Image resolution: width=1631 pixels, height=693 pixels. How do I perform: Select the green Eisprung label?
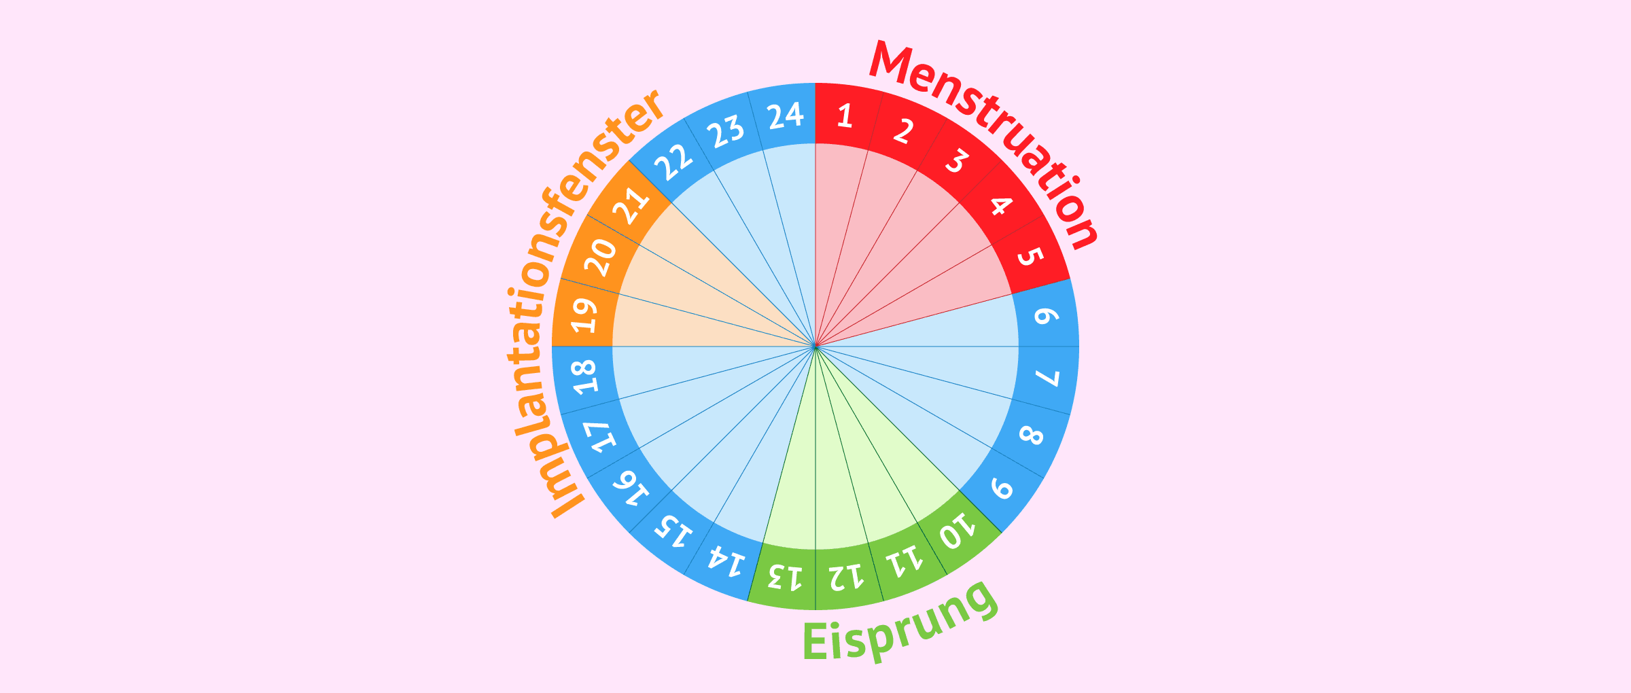[x=900, y=622]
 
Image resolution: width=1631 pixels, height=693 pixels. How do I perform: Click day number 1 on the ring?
[x=845, y=116]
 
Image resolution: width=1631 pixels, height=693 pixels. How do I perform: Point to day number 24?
[x=786, y=116]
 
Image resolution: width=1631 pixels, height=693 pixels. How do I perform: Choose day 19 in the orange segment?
[x=584, y=315]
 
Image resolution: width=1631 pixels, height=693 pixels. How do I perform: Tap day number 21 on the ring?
[x=631, y=205]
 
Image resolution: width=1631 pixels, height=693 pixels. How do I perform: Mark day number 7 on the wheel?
[x=1047, y=378]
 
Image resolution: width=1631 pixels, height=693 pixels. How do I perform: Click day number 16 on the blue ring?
[x=631, y=488]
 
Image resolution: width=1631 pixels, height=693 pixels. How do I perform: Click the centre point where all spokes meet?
[x=815, y=346]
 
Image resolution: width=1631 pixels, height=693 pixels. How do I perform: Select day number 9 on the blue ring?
[x=1002, y=488]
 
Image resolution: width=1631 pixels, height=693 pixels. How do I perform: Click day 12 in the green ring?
[x=846, y=577]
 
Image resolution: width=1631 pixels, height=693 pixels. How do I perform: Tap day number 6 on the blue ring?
[x=1047, y=316]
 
